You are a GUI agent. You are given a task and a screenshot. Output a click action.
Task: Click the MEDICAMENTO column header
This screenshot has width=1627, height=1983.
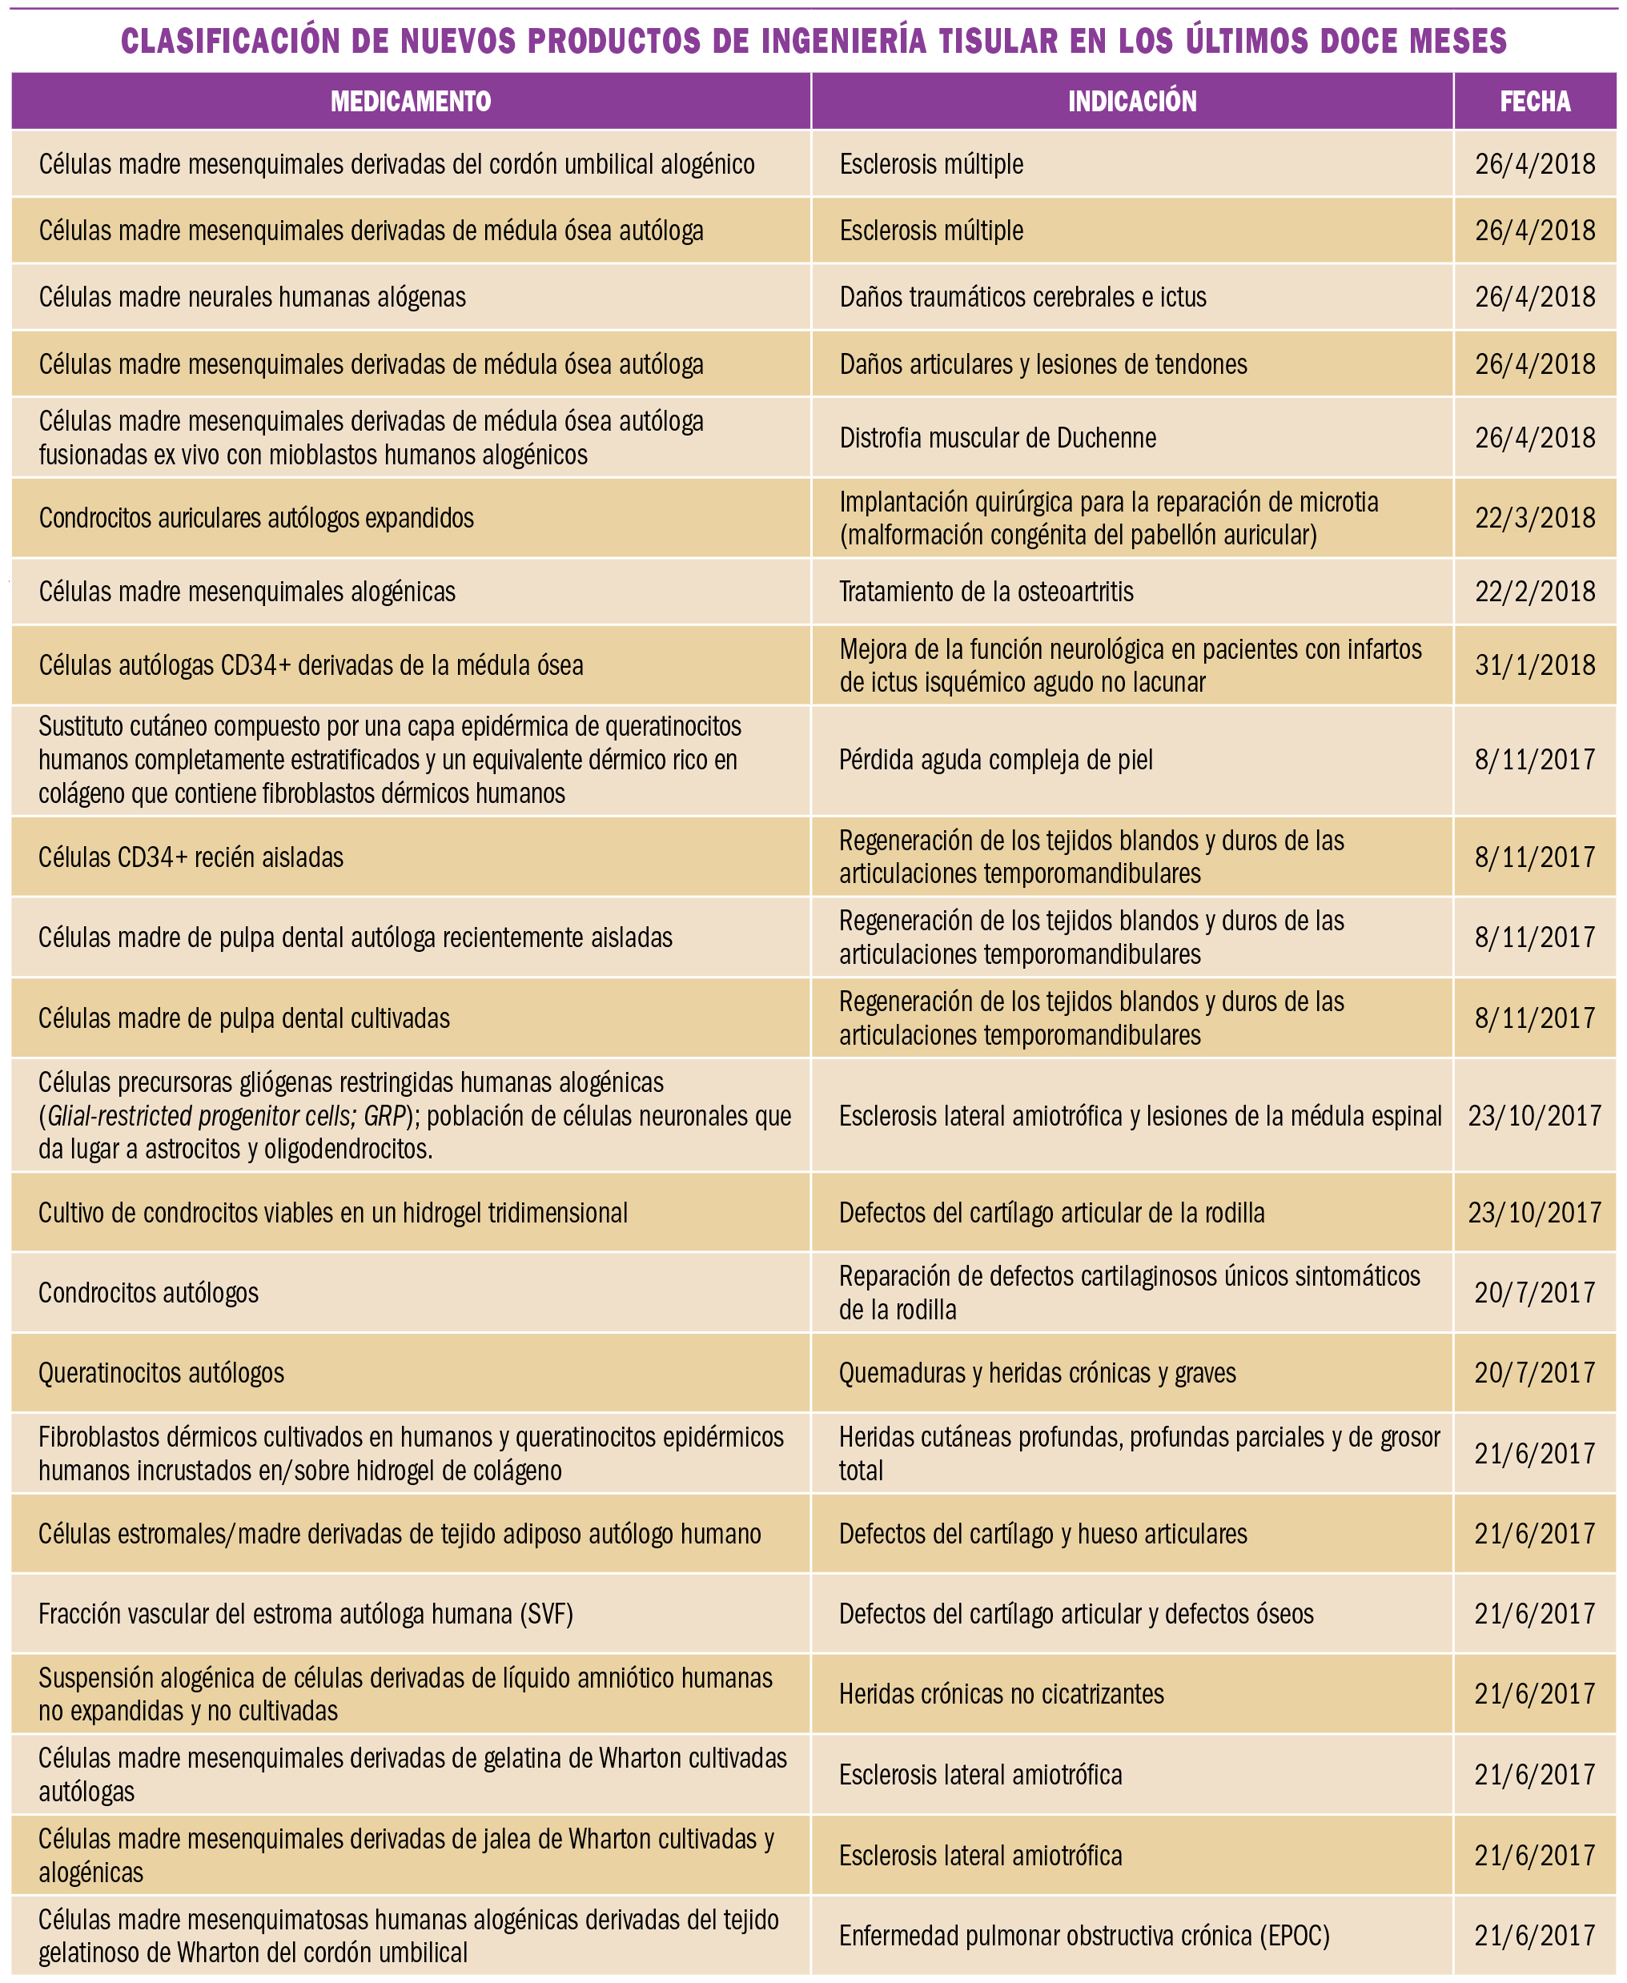(411, 101)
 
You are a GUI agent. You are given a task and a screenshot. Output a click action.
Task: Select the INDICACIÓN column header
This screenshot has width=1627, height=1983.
(1131, 101)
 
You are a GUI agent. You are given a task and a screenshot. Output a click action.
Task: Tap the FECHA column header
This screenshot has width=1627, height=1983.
(1534, 101)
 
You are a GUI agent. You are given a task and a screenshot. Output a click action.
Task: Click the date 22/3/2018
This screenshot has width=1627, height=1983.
(1534, 518)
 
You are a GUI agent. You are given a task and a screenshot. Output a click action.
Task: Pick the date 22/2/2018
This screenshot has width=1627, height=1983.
(1534, 592)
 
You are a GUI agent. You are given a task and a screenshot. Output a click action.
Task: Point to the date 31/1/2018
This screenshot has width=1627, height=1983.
(1534, 665)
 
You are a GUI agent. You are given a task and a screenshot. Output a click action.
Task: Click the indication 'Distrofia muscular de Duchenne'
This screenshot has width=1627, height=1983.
(997, 438)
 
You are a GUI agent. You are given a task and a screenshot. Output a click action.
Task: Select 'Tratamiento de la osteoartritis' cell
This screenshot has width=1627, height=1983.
(986, 592)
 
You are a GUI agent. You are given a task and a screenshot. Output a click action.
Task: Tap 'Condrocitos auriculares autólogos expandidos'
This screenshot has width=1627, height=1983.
(256, 518)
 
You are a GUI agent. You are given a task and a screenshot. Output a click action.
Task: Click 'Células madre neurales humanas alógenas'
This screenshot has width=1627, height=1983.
(252, 297)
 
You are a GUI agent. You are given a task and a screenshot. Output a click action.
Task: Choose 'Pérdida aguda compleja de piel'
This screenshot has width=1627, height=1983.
(995, 759)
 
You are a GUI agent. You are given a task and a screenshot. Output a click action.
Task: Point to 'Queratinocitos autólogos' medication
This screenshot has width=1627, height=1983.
(161, 1373)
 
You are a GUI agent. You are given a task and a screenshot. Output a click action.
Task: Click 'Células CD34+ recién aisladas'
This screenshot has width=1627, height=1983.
(191, 857)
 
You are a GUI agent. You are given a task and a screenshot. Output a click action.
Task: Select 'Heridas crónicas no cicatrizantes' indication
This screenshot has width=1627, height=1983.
(1001, 1693)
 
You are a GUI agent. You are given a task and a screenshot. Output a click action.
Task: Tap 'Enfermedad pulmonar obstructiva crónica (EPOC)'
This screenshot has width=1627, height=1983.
(1083, 1934)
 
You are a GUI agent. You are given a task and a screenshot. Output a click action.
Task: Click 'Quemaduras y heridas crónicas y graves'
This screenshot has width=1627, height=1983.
(1037, 1373)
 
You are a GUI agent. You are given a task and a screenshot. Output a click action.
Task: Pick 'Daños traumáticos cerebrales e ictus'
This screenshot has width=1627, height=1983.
(1022, 297)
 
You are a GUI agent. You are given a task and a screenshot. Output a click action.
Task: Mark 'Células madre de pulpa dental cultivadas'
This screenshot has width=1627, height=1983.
(243, 1018)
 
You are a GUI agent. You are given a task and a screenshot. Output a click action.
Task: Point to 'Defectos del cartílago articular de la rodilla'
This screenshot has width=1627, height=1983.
(1051, 1213)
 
